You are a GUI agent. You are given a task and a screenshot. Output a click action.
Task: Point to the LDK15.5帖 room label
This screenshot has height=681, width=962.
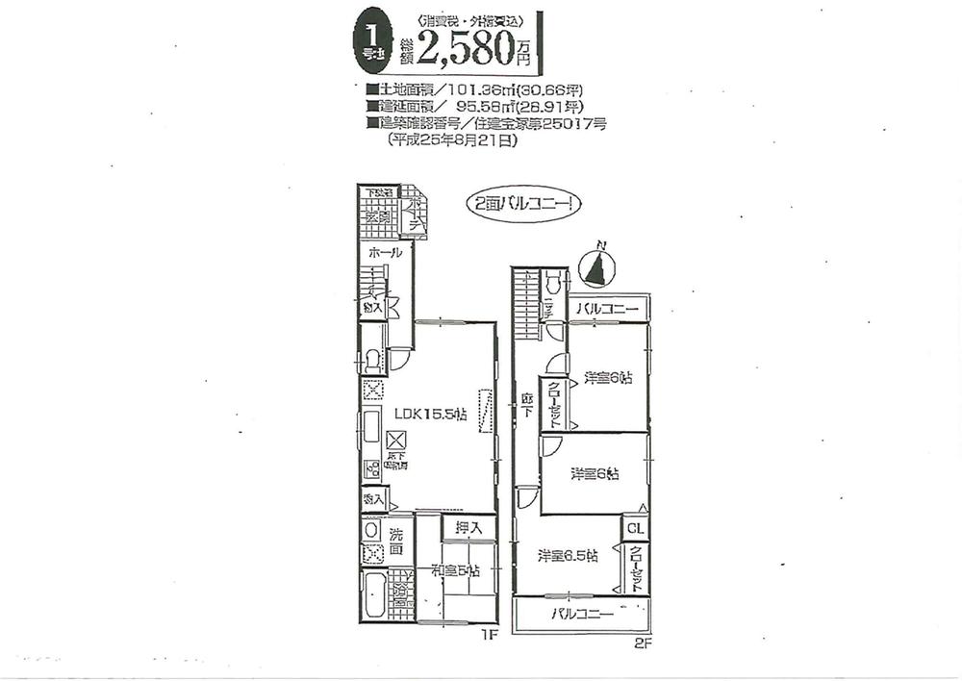tap(431, 414)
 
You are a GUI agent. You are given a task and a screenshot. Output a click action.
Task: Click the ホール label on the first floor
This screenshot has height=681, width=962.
tap(385, 252)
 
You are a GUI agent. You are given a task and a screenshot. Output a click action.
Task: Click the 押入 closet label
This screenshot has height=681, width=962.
tap(468, 527)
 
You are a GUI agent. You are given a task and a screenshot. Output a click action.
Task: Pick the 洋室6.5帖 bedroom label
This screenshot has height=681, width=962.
tap(569, 555)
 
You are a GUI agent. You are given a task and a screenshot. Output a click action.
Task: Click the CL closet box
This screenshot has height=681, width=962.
tap(635, 528)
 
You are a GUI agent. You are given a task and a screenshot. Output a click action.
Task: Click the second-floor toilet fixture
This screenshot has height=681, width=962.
tap(552, 285)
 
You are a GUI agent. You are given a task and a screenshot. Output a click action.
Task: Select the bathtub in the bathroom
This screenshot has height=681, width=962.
tap(375, 596)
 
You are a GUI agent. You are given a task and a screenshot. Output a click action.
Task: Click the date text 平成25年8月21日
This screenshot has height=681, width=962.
tap(452, 140)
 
